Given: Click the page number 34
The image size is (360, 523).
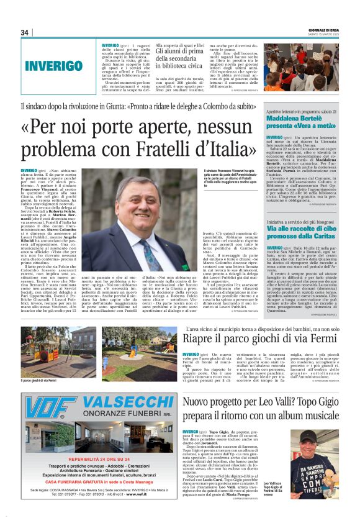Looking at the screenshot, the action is (25, 32).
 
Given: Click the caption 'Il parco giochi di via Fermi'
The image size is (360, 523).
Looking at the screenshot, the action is (39, 380).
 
